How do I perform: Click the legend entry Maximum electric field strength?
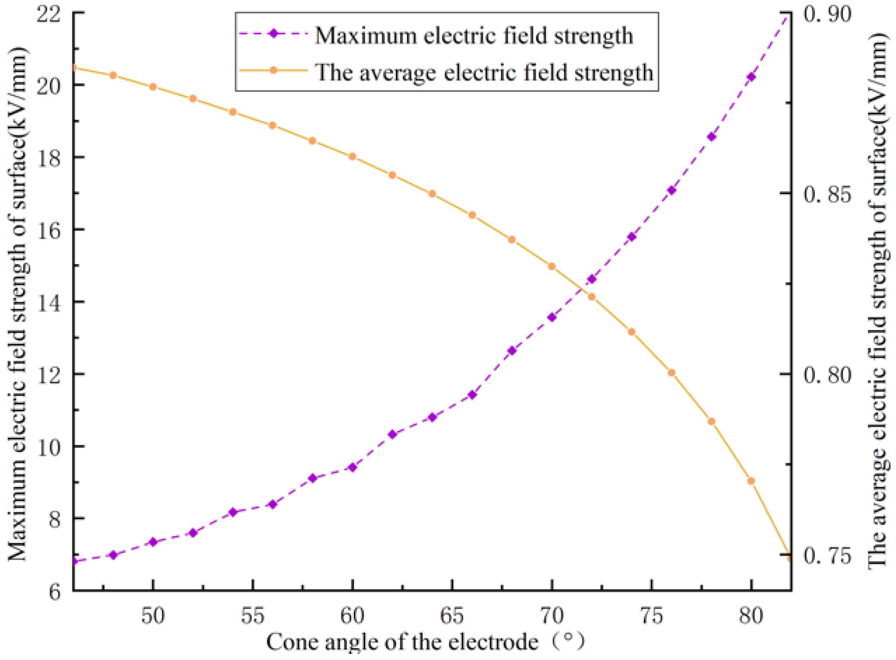point(473,36)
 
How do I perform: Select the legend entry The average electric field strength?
point(484,73)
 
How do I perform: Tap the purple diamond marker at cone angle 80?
point(751,77)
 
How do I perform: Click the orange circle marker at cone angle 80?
point(751,481)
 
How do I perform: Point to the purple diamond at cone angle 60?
point(352,467)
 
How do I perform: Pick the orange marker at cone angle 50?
point(153,87)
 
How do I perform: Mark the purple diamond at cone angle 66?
point(472,395)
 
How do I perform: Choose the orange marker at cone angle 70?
point(552,266)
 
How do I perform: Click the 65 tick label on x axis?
point(452,616)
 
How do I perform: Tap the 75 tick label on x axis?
point(652,616)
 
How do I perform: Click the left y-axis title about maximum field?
point(18,304)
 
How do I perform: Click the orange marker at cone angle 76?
point(671,372)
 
